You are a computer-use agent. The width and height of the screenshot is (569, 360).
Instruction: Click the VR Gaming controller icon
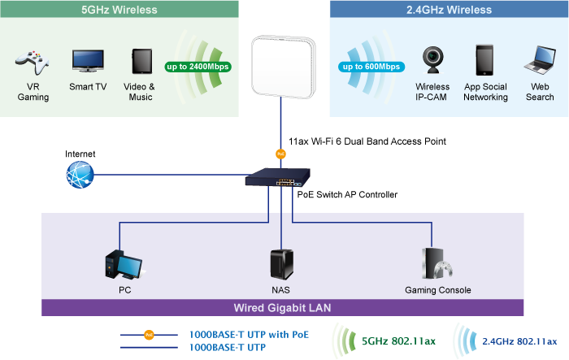tap(33, 62)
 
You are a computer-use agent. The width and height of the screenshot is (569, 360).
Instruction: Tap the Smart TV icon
tap(87, 61)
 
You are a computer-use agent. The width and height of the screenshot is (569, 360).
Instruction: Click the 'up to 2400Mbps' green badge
tap(196, 66)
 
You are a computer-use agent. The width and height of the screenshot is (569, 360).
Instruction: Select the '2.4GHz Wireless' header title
tap(449, 10)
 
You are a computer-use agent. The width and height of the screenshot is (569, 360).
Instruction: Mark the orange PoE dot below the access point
tap(280, 152)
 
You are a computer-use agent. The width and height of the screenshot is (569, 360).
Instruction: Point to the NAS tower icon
tap(280, 264)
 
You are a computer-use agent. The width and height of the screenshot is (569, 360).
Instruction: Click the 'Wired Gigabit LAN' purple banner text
tap(282, 308)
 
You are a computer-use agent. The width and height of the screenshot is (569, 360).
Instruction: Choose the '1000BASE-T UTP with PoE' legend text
tap(249, 334)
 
